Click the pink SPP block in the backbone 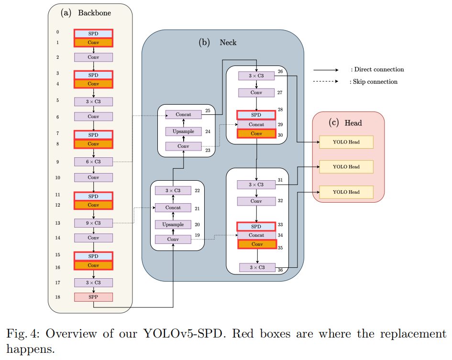[93, 297]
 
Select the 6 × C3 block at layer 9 [93, 162]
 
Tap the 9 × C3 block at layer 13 [93, 223]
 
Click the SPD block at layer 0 [93, 34]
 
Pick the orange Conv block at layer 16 [93, 265]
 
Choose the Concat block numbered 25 [183, 115]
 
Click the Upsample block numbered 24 [183, 131]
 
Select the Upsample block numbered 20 [173, 224]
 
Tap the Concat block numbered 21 [173, 207]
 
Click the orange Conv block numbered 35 [257, 244]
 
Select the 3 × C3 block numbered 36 [257, 267]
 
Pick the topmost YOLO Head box [346, 142]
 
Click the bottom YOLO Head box [346, 192]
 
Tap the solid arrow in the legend [326, 70]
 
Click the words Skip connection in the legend [375, 82]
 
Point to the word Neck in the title [228, 43]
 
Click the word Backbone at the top [94, 13]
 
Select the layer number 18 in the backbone [57, 297]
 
